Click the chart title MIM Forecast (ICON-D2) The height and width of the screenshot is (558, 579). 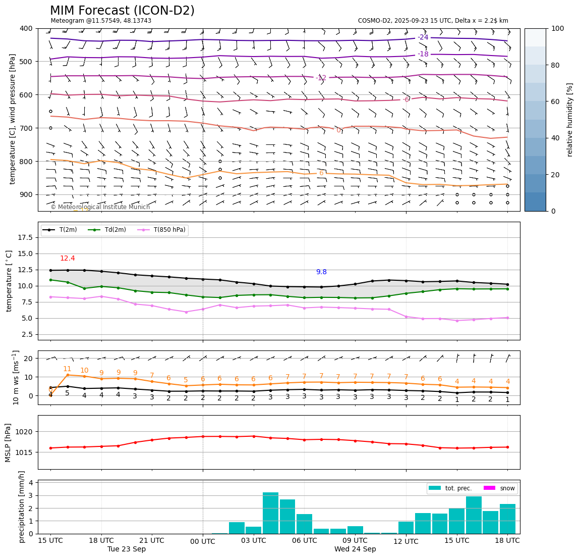122,11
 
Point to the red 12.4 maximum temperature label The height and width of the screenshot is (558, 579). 68,258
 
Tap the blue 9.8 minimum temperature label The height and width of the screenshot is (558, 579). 321,272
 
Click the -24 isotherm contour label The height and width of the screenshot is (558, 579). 423,37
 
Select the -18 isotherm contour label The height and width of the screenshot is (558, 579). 423,54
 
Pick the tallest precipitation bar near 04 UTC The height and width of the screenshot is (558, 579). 270,513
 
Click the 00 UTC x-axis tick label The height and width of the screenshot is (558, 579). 203,541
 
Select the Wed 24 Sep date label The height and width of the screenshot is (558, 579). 355,549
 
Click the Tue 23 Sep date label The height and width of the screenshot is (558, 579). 127,549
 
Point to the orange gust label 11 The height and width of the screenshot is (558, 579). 67,369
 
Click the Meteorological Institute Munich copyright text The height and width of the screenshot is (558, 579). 100,207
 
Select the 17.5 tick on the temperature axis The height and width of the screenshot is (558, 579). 25,237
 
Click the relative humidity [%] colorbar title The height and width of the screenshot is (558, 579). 570,120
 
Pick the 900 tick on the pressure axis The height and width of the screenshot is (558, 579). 25,194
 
